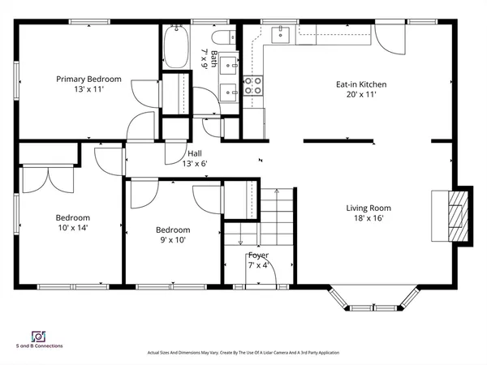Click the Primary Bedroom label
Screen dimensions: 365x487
[88, 79]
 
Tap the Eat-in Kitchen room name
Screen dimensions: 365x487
[361, 84]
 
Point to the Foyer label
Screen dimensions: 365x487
[258, 255]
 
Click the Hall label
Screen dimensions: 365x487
[195, 153]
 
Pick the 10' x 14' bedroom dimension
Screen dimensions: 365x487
[72, 228]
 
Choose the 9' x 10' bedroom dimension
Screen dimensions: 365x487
[173, 240]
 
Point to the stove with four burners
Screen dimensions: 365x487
[253, 85]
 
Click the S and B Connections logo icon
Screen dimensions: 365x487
[37, 335]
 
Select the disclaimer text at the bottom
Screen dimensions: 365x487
[243, 353]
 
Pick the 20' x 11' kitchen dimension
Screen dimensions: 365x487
[361, 94]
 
